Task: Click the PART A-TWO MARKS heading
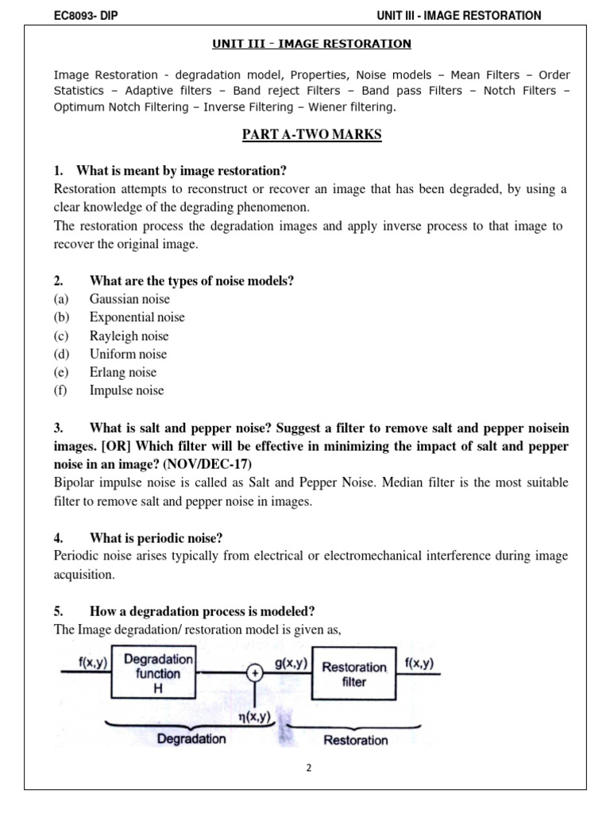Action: [x=311, y=134]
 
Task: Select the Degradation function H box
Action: [x=157, y=673]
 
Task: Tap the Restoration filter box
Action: [x=354, y=674]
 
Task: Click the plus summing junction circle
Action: [x=255, y=673]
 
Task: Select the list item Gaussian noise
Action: [x=129, y=299]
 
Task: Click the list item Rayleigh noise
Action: [x=129, y=335]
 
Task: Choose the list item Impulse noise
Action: [x=127, y=390]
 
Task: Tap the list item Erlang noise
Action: [x=123, y=372]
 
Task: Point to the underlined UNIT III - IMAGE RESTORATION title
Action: [x=311, y=44]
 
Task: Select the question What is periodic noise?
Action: [x=156, y=538]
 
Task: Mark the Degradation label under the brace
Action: [x=191, y=739]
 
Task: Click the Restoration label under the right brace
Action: [x=355, y=740]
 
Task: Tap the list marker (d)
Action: [x=61, y=354]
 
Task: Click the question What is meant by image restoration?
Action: [x=181, y=171]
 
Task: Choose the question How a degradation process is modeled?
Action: [x=202, y=611]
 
